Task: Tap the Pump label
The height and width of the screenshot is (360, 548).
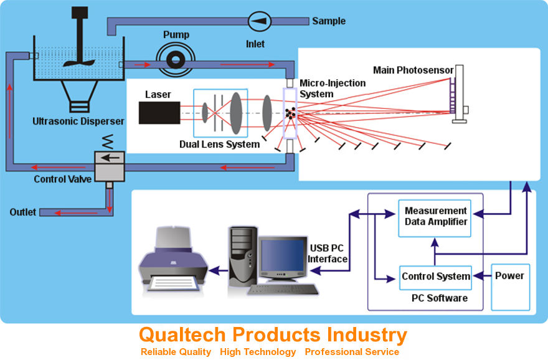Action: click(176, 34)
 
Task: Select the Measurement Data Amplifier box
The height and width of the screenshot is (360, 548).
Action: click(435, 216)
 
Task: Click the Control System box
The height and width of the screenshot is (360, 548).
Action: click(435, 276)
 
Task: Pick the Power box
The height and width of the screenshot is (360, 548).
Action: click(510, 276)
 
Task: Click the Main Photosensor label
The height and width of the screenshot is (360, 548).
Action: click(413, 70)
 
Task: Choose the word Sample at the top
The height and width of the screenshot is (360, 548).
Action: click(329, 21)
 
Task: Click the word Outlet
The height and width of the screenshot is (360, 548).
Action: click(22, 212)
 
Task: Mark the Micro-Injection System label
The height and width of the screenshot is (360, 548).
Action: click(324, 88)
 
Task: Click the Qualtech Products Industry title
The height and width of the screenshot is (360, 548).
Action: click(273, 335)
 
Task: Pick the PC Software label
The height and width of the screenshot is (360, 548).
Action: click(439, 298)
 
